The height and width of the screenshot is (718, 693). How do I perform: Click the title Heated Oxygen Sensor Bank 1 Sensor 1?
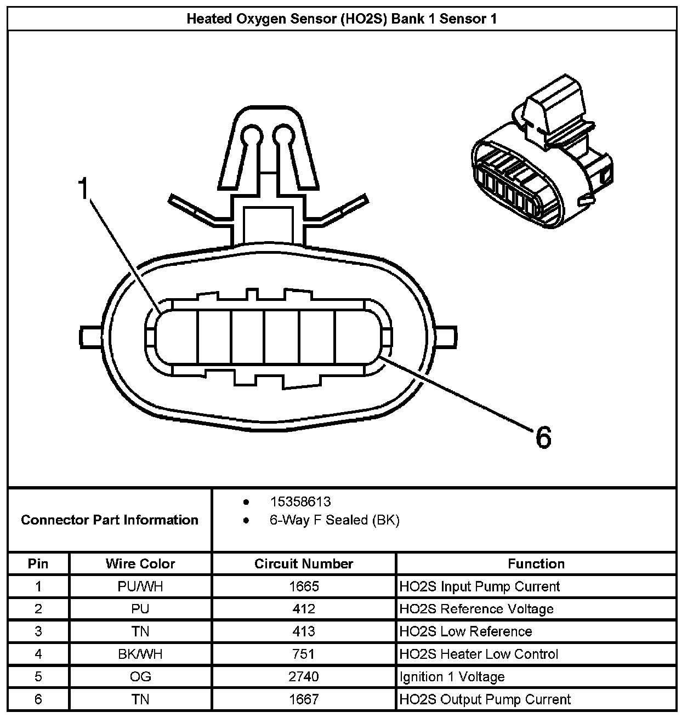click(x=342, y=19)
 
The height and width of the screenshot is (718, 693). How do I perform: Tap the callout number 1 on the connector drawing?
click(x=83, y=189)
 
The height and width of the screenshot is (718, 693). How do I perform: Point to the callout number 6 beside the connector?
click(x=542, y=437)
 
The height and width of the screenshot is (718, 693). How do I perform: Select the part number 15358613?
click(x=300, y=502)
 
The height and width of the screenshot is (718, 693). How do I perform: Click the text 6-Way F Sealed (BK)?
click(x=334, y=520)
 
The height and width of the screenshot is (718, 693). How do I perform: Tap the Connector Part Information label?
click(x=110, y=520)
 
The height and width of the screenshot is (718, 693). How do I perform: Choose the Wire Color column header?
click(x=140, y=563)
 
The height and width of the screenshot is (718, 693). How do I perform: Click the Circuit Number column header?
click(x=304, y=563)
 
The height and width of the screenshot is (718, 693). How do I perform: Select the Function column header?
click(x=536, y=563)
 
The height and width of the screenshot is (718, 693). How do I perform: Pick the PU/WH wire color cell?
click(x=140, y=586)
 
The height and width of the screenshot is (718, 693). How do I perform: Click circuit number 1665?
click(x=304, y=586)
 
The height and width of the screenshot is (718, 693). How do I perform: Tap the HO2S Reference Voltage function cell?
click(x=476, y=609)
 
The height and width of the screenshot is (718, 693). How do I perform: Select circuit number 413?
click(x=304, y=631)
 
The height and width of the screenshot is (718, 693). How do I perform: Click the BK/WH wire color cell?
click(x=140, y=654)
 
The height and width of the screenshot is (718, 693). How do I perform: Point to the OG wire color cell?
click(x=140, y=676)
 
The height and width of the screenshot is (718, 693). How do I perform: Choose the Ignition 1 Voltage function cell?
click(x=452, y=676)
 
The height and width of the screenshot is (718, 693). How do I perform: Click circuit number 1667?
click(x=304, y=699)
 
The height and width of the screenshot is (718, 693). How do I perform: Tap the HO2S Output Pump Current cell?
click(x=485, y=699)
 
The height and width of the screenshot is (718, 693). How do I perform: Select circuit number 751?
click(x=304, y=654)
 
